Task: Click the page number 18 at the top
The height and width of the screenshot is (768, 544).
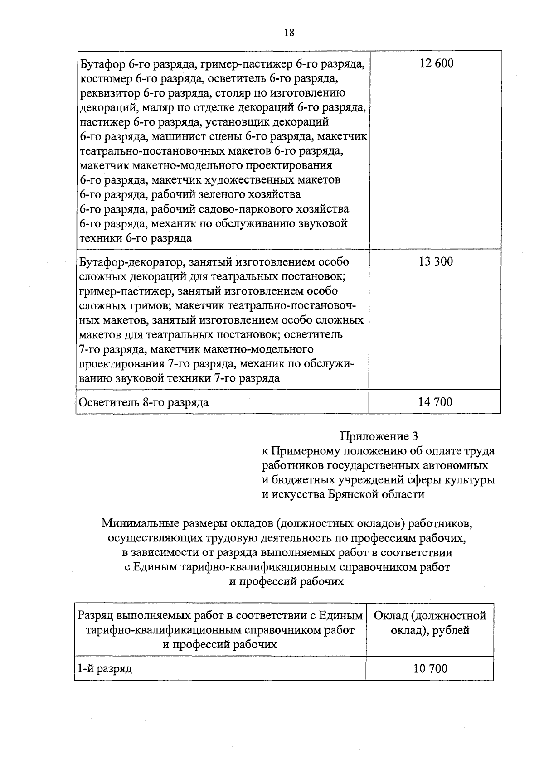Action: [x=289, y=33]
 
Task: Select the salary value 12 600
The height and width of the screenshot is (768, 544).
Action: [x=436, y=63]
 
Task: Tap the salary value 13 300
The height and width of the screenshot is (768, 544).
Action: [x=436, y=262]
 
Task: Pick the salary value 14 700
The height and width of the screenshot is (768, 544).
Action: [x=436, y=402]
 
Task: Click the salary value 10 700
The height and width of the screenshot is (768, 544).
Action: [x=430, y=668]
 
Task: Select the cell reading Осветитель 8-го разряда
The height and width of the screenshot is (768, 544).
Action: [x=144, y=402]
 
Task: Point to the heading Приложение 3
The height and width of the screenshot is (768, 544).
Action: [x=379, y=436]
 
